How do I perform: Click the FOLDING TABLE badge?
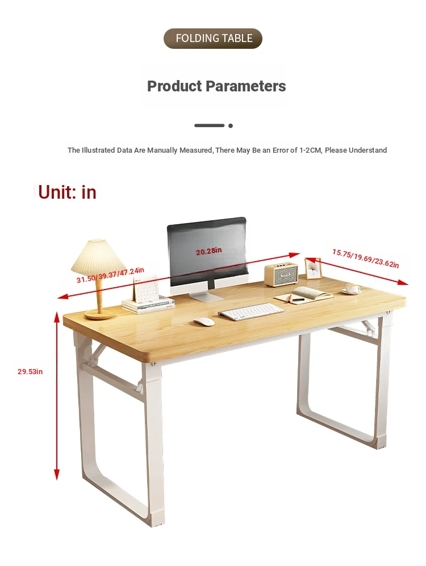[x=213, y=39]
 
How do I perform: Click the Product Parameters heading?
[x=216, y=86]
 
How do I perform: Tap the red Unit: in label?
[x=67, y=192]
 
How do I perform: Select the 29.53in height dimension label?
[x=30, y=371]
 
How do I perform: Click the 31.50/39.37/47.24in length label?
[x=110, y=275]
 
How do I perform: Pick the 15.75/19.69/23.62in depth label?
[x=366, y=259]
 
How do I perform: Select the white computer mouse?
[x=204, y=322]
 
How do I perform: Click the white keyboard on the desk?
[x=251, y=312]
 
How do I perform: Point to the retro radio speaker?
[x=281, y=274]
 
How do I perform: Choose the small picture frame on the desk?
[x=313, y=269]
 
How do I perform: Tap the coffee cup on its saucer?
[x=352, y=289]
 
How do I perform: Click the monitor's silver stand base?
[x=206, y=297]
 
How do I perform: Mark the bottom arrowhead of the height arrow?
[x=57, y=475]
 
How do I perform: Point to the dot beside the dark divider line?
[x=231, y=125]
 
